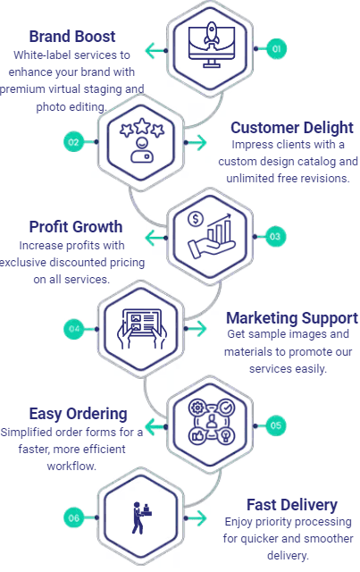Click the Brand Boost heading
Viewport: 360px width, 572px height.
[71, 37]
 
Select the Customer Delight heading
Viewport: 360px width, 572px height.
[291, 127]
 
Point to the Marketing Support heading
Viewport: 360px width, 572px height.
[291, 317]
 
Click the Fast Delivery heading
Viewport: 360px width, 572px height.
[292, 505]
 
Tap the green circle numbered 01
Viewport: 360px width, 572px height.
[276, 49]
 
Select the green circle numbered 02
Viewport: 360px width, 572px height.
[73, 141]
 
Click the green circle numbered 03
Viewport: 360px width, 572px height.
[276, 236]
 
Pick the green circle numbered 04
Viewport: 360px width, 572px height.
[73, 329]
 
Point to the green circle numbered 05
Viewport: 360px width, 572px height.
[276, 425]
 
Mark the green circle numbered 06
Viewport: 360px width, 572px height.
[73, 517]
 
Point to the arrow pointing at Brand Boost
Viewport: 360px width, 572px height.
[157, 50]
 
